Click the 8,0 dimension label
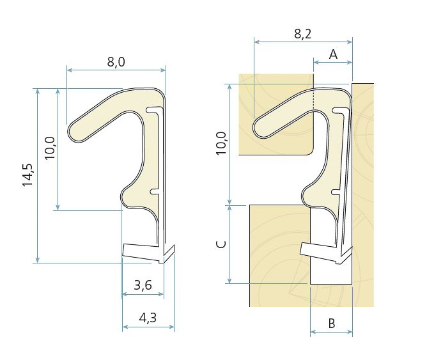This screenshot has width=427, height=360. click(x=116, y=62)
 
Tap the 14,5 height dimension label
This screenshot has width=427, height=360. click(x=27, y=175)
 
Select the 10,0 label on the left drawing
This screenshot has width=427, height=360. click(x=50, y=148)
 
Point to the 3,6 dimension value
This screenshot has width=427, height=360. click(x=143, y=285)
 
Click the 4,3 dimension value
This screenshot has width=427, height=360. click(x=148, y=318)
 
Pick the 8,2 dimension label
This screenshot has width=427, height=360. click(x=302, y=34)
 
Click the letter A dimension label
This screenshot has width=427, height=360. click(x=333, y=55)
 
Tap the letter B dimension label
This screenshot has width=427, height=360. click(x=331, y=324)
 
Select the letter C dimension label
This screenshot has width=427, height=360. click(x=221, y=244)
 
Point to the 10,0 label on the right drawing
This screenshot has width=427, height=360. click(x=221, y=143)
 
